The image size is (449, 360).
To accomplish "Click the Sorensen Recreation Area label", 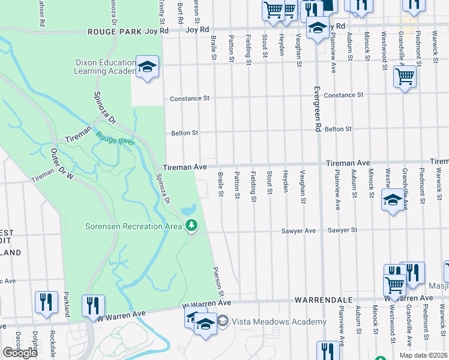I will coord(132,226).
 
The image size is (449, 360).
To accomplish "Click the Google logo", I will coord(20,353).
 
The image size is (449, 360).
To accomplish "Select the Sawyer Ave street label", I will coord(298,231).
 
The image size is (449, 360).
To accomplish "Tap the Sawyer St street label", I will coord(342,230).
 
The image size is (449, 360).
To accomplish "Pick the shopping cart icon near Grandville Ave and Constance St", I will coord(405,77).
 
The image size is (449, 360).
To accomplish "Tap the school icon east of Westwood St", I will coord(393,200).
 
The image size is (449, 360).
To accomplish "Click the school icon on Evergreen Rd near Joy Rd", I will coord(318,27).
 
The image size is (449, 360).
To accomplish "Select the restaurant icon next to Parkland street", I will coord(93,304).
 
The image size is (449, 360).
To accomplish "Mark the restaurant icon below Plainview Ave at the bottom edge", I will coord(328,350).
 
